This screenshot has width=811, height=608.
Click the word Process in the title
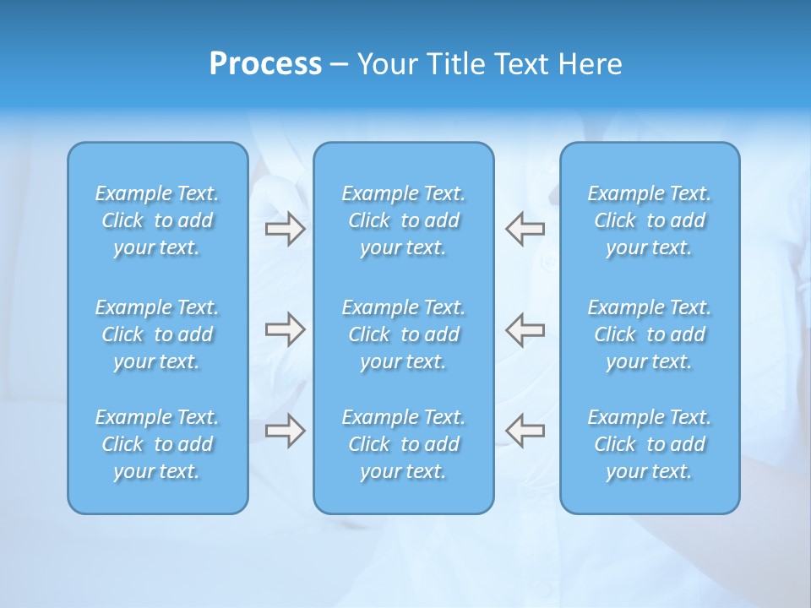click(x=265, y=64)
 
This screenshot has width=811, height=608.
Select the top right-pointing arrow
click(x=285, y=229)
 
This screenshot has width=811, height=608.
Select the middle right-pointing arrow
click(x=285, y=329)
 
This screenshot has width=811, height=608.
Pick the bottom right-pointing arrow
click(x=285, y=431)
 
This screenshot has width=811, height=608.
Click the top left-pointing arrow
click(x=525, y=229)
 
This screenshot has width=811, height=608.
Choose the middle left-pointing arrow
click(x=525, y=329)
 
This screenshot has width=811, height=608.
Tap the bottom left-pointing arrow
click(x=525, y=431)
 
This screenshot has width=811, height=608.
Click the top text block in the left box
click(x=157, y=220)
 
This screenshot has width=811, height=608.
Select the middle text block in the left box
click(x=157, y=334)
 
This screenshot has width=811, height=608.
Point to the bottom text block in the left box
click(x=157, y=444)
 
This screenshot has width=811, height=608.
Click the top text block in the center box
click(x=403, y=220)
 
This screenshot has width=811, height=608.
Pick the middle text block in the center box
click(x=403, y=334)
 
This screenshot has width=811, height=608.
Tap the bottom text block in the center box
click(x=403, y=444)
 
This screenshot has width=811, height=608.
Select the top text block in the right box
click(x=649, y=220)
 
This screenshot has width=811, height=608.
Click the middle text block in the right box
click(x=649, y=334)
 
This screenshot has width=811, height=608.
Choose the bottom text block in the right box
click(x=649, y=444)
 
